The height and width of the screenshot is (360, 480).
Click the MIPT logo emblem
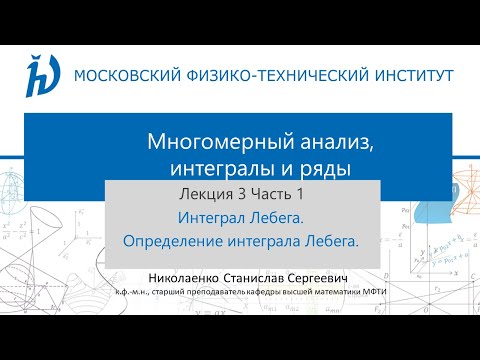coord(43,74)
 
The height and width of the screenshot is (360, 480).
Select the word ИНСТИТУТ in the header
coord(411,75)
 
